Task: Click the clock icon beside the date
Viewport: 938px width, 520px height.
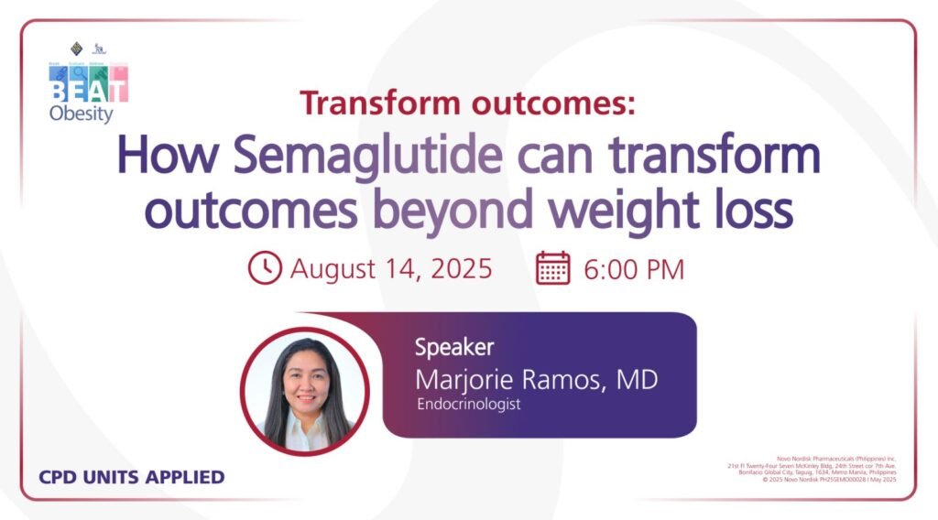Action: pyautogui.click(x=265, y=268)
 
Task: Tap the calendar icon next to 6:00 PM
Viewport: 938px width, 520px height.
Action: pyautogui.click(x=553, y=268)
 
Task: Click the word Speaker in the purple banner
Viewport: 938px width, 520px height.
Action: pyautogui.click(x=454, y=347)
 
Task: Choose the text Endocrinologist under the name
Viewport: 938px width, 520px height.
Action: pyautogui.click(x=468, y=404)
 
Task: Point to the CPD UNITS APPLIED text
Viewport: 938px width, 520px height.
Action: pyautogui.click(x=132, y=476)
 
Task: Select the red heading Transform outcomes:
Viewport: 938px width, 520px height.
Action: pyautogui.click(x=467, y=103)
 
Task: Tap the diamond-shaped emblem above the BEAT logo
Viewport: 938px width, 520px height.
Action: pyautogui.click(x=77, y=48)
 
